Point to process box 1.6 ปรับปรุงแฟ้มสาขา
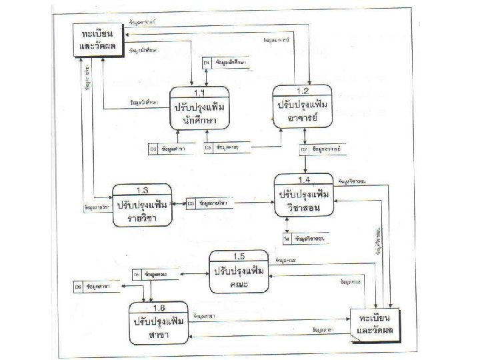click(159, 323)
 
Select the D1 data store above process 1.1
click(226, 63)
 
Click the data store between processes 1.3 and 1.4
click(210, 202)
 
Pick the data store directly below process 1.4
click(305, 238)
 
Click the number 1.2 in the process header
click(303, 90)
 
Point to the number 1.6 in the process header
click(159, 307)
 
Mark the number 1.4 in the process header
click(304, 180)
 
